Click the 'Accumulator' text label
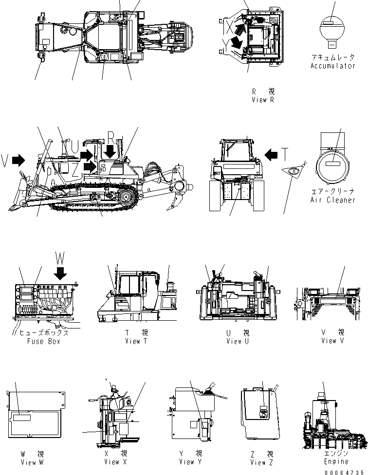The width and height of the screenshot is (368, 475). click(333, 65)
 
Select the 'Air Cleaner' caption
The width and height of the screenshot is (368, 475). click(333, 200)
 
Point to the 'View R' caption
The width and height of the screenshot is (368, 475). click(263, 99)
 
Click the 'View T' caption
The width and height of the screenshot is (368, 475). click(132, 341)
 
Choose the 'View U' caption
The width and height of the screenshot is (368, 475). click(238, 341)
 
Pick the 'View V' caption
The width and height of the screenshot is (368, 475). click(332, 341)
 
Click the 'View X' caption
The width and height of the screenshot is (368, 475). click(115, 461)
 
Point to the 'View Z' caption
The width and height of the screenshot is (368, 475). click(262, 461)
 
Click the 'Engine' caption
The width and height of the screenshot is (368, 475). click(336, 461)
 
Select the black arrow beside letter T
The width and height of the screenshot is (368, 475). click(271, 155)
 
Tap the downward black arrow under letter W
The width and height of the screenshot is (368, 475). click(61, 274)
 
